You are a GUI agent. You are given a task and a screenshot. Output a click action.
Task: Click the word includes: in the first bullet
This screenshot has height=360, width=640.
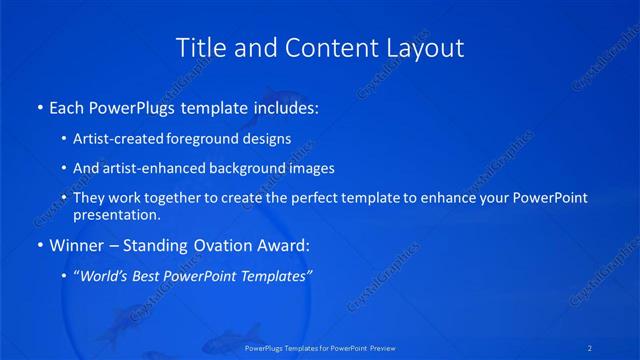pyautogui.click(x=284, y=106)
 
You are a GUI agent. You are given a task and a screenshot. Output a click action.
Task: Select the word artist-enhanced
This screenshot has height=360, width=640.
pyautogui.click(x=150, y=168)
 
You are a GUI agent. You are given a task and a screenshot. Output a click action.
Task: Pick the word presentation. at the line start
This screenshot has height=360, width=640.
pyautogui.click(x=116, y=214)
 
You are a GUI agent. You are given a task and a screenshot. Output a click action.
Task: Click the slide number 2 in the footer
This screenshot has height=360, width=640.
pyautogui.click(x=591, y=347)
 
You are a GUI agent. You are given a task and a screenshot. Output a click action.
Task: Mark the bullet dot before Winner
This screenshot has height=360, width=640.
pyautogui.click(x=38, y=244)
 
